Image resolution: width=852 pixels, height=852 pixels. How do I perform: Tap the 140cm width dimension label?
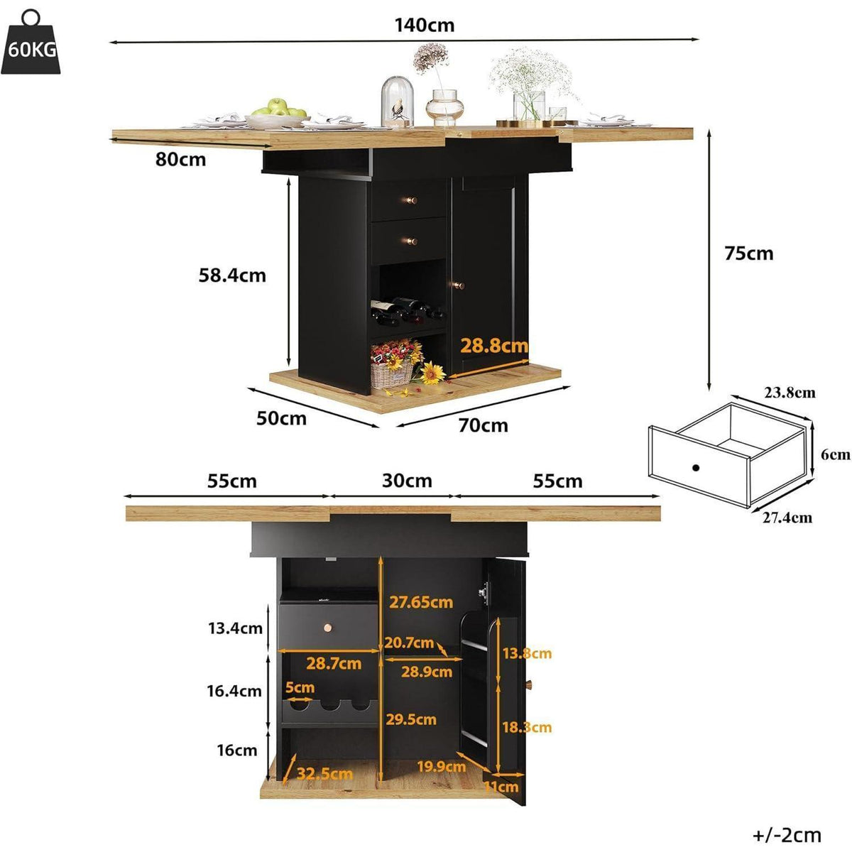pos(425,25)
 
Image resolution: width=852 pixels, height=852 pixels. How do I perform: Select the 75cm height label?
pos(749,253)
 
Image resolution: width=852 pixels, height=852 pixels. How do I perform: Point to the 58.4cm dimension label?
pos(232,275)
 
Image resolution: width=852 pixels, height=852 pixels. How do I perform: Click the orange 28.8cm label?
pos(494,345)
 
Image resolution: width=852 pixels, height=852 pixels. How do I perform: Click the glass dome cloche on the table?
pos(397,102)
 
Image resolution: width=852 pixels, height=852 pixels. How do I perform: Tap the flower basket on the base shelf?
pos(393,364)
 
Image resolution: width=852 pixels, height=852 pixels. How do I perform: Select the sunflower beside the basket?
pos(432,372)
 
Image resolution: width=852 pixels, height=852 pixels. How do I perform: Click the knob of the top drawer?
pos(411,200)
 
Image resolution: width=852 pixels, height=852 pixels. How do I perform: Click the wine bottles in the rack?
pos(407,310)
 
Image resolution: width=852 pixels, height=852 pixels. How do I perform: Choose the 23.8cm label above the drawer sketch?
pos(790,393)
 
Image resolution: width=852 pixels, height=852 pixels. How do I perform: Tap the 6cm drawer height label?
pos(835,455)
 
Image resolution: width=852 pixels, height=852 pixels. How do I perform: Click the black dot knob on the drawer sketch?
pos(696,467)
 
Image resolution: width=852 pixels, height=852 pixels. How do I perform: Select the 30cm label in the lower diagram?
pos(407,481)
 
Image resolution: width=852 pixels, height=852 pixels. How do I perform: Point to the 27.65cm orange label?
pos(421,602)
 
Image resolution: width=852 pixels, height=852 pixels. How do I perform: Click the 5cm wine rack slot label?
pos(300,687)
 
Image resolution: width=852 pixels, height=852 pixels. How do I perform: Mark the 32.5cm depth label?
pos(324,773)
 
